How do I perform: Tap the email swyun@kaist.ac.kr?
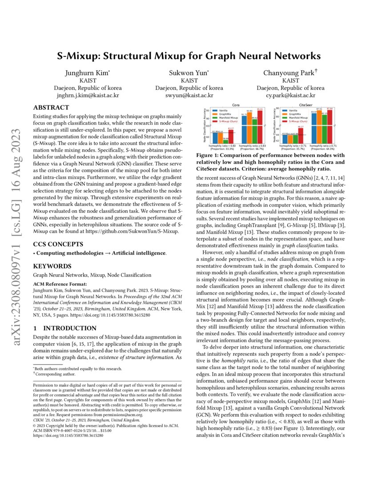click(189, 95)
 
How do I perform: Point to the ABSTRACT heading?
click(51, 107)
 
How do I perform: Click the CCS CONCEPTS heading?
click(58, 244)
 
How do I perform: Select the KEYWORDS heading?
click(51, 266)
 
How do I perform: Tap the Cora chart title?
click(236, 105)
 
